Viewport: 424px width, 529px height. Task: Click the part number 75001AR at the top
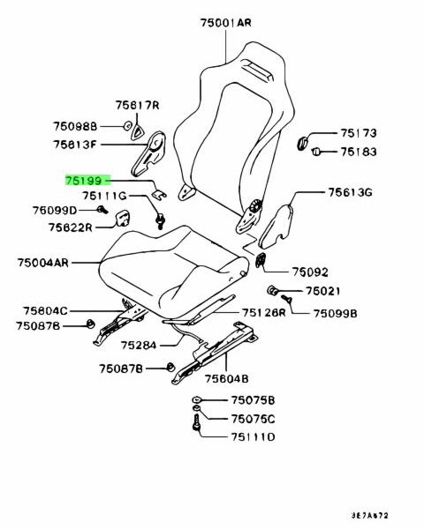coord(226,23)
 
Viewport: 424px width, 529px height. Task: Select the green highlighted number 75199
coord(84,181)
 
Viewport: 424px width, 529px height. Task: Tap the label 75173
coord(358,133)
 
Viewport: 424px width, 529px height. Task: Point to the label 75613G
coord(350,192)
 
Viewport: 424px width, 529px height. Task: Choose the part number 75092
coord(310,272)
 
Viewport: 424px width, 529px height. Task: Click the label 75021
coord(323,291)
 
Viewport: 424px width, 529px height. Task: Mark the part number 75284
coord(139,345)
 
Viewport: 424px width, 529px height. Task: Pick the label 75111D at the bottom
coord(253,437)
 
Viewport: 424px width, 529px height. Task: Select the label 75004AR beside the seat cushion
coord(43,263)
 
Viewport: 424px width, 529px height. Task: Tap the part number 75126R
coord(264,313)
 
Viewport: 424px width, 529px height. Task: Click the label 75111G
coord(104,196)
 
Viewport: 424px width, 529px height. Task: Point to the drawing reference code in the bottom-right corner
coord(369,516)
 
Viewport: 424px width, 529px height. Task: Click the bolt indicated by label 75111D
coord(196,423)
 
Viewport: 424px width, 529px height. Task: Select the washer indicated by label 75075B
coord(196,399)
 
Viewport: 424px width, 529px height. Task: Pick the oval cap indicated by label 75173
coord(302,143)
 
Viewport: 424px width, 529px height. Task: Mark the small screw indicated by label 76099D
coord(102,210)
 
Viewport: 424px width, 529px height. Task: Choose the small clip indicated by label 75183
coord(316,152)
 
